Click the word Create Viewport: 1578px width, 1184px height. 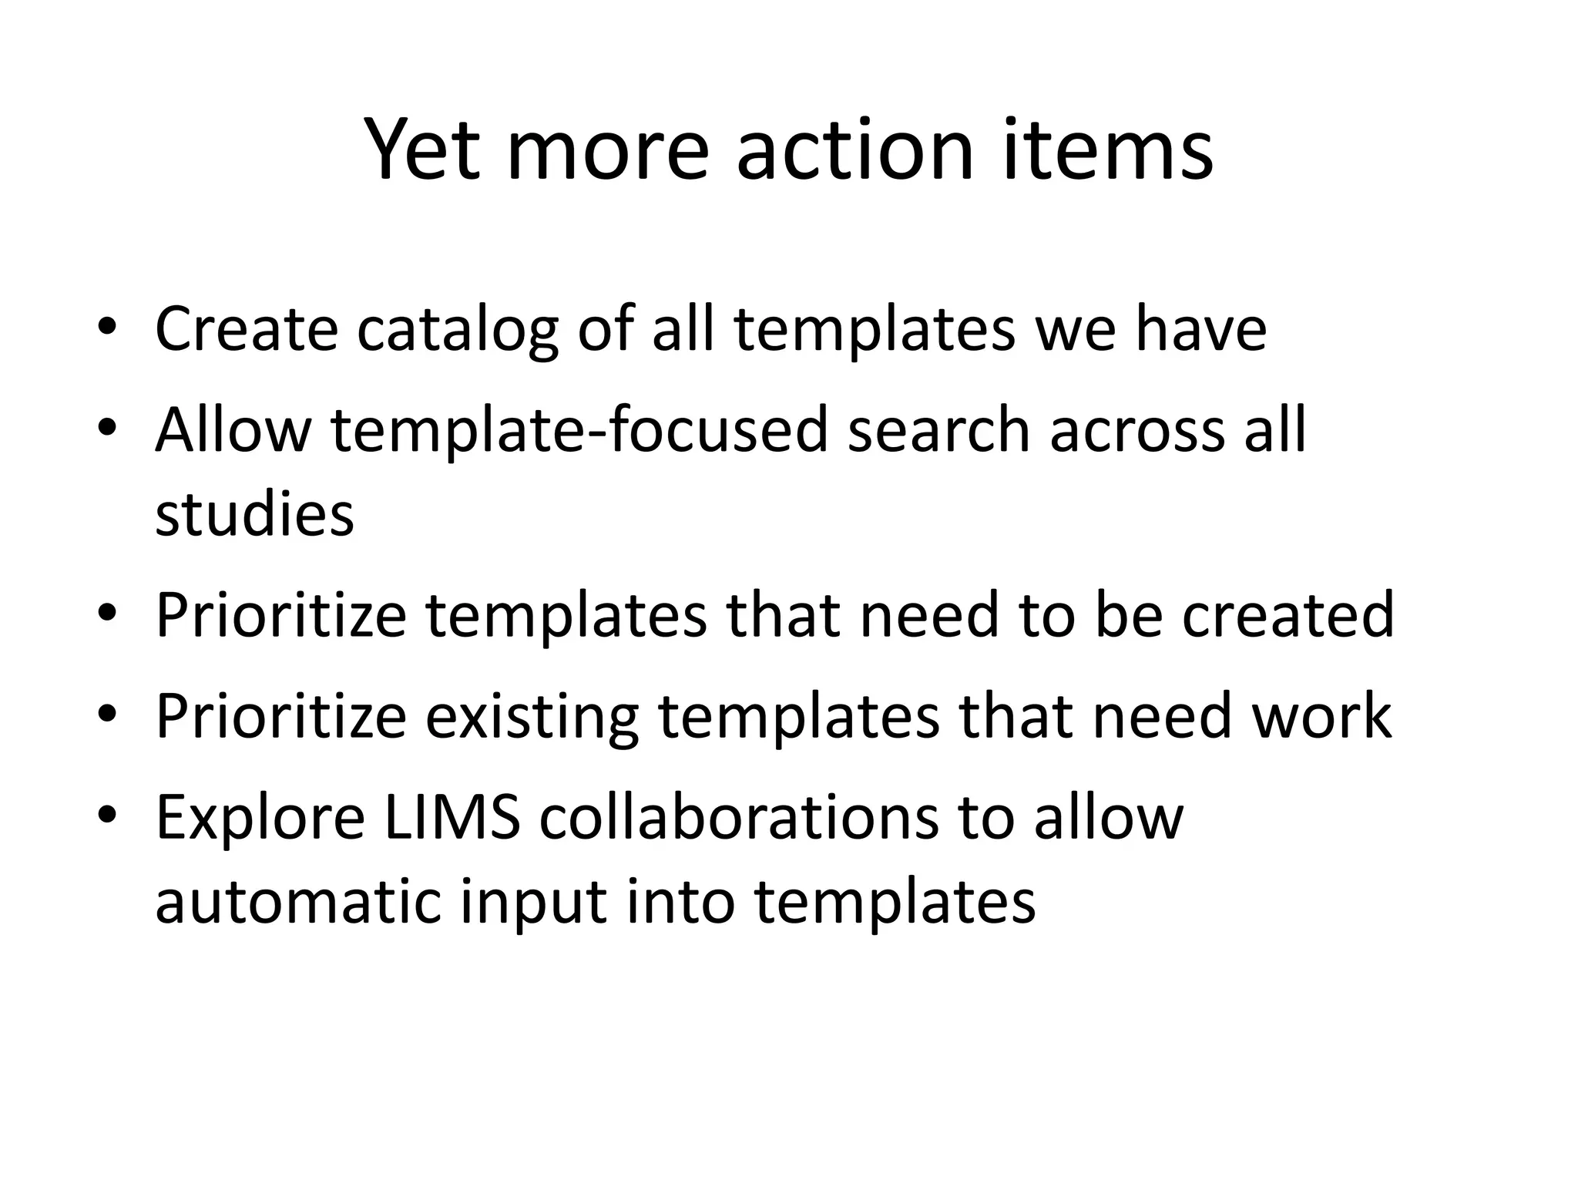tap(247, 329)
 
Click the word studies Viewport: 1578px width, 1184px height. tap(254, 514)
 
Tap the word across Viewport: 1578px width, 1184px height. tap(1137, 432)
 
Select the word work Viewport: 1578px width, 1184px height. tap(1321, 716)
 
